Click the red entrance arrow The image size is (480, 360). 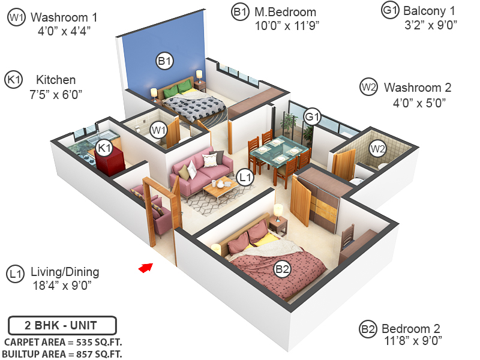145,268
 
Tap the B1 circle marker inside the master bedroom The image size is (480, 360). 164,61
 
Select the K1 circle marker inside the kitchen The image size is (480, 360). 104,148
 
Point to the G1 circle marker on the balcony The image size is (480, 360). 313,116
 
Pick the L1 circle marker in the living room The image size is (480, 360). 245,177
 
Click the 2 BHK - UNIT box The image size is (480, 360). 61,326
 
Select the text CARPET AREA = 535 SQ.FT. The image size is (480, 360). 61,342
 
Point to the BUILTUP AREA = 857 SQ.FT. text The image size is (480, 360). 62,354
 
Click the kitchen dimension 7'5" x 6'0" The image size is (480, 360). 56,94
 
